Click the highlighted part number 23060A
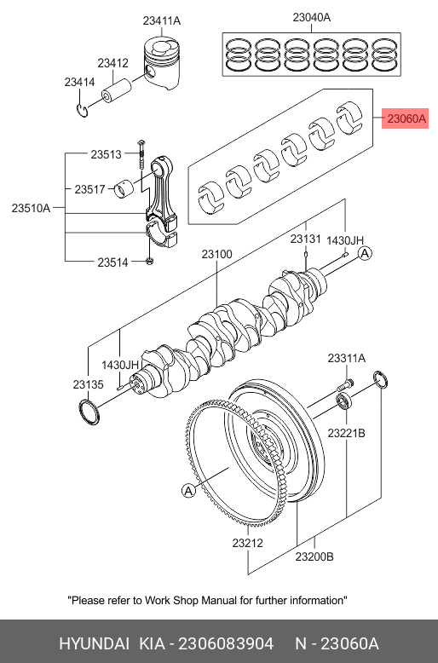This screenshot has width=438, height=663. tap(406, 118)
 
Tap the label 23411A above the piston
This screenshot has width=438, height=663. tap(162, 20)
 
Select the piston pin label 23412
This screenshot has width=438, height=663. tap(112, 63)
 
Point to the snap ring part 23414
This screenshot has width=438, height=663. tap(83, 110)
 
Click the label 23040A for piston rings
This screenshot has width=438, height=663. tap(312, 17)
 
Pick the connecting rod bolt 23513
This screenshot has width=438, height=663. tap(141, 155)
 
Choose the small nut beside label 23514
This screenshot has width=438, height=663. tap(149, 262)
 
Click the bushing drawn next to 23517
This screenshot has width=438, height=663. tap(124, 189)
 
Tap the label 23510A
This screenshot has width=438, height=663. tap(31, 208)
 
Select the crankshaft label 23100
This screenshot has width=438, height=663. tap(216, 254)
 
